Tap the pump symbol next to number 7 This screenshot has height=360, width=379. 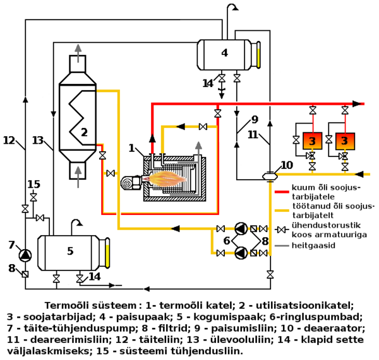point(25,255)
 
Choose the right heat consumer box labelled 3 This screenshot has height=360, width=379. point(344,139)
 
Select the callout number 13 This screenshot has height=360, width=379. point(38,141)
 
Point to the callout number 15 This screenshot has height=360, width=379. point(33,184)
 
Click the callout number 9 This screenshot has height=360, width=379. point(255,120)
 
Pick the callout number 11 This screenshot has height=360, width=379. point(253,134)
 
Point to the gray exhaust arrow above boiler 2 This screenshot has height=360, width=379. point(77,51)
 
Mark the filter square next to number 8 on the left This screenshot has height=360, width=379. point(25,274)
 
